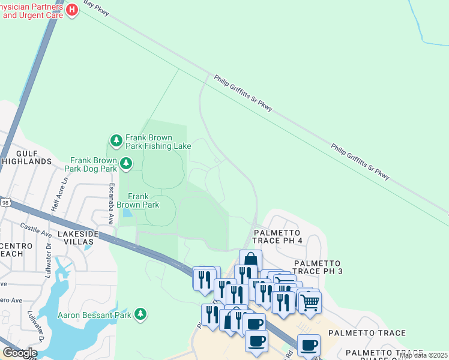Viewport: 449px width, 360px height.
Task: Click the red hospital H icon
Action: tap(72, 10)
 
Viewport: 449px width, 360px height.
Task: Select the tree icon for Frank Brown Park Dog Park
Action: tap(125, 163)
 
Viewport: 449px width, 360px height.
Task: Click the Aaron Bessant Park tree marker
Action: tap(140, 314)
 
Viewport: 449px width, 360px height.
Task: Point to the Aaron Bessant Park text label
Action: tap(95, 314)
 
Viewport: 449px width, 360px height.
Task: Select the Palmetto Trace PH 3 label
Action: tap(317, 268)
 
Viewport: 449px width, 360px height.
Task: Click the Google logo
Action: tap(19, 352)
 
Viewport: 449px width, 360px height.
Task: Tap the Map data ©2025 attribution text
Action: tap(423, 355)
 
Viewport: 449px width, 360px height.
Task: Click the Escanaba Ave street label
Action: tap(110, 205)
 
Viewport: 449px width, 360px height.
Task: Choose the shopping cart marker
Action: tap(309, 301)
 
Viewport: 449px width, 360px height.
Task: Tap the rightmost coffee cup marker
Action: tap(309, 345)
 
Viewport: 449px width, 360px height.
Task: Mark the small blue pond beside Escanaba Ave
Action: tap(127, 213)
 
